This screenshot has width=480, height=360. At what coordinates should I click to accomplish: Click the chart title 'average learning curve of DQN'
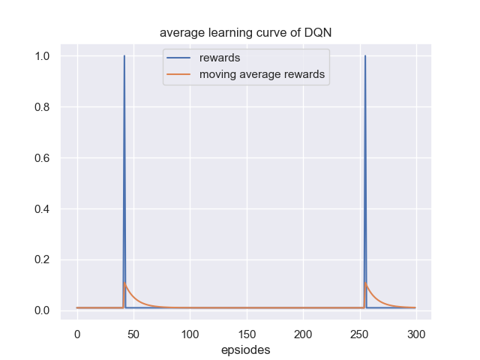click(246, 33)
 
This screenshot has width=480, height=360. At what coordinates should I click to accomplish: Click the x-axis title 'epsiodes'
click(246, 350)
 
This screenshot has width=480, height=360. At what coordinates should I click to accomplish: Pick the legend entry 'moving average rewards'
click(261, 74)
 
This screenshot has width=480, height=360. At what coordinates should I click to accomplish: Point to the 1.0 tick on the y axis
click(43, 56)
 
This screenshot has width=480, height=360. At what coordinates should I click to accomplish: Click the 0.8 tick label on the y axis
click(43, 107)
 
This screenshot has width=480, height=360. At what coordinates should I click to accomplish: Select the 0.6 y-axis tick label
click(43, 158)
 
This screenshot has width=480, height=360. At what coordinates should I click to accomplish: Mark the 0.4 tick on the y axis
click(43, 209)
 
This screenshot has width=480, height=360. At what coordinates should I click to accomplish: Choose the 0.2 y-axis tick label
click(43, 260)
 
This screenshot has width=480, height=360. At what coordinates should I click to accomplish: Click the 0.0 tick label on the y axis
click(43, 310)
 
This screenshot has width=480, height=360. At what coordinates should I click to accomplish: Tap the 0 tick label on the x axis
click(76, 334)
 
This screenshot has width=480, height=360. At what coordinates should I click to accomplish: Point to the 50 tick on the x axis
click(133, 334)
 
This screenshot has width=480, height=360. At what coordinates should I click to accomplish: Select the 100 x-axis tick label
click(190, 334)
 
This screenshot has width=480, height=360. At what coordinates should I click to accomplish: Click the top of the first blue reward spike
click(124, 56)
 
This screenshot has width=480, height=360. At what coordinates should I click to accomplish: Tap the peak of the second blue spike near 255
click(365, 56)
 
